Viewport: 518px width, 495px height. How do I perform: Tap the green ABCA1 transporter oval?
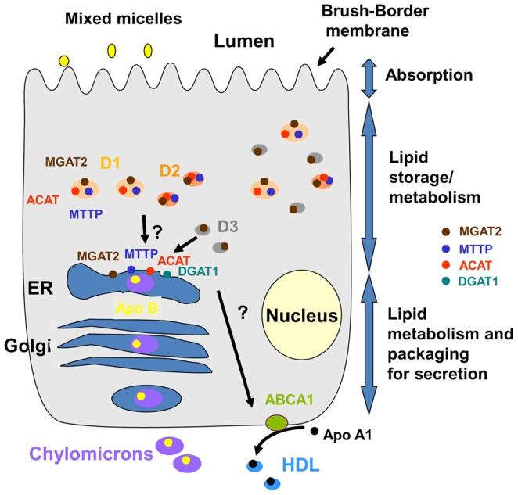[275, 423]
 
